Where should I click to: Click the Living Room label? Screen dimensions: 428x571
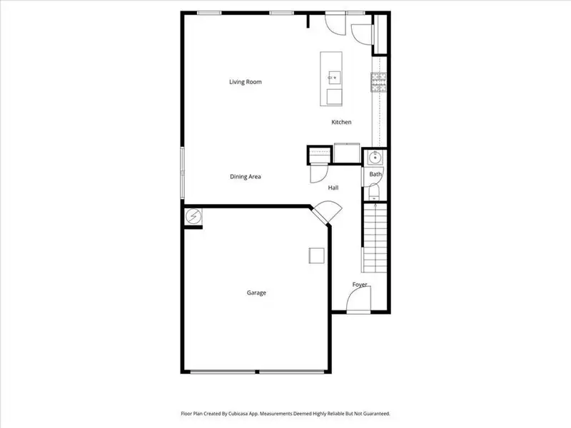tap(245, 82)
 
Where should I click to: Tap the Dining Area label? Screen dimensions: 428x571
tap(245, 177)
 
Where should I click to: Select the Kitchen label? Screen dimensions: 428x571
tap(341, 123)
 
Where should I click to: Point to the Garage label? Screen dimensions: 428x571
tap(256, 292)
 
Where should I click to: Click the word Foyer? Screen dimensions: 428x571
tap(360, 285)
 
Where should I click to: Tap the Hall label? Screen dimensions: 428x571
tap(333, 188)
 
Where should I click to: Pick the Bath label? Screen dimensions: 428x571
tap(375, 175)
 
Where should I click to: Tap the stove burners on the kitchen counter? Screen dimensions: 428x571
tap(378, 83)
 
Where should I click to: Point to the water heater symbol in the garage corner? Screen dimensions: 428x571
tap(193, 216)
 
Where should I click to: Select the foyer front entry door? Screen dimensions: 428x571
tap(358, 304)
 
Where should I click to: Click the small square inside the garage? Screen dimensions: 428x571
tap(315, 255)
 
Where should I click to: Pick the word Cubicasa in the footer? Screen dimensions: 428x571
tap(252, 413)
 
